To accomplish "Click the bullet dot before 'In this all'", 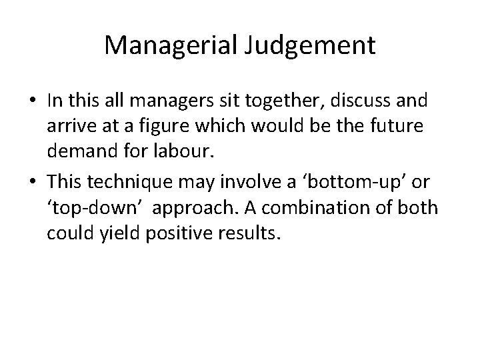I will coord(32,101).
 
